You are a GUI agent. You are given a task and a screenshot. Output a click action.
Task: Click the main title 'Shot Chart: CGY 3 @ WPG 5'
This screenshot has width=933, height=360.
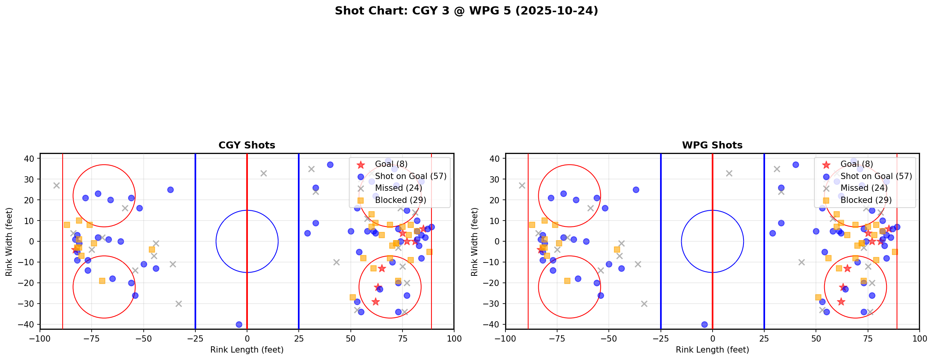[466, 11]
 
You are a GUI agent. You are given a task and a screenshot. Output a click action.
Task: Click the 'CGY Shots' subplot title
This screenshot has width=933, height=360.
[247, 145]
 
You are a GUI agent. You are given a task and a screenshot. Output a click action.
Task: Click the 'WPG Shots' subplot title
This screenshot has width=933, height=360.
[712, 145]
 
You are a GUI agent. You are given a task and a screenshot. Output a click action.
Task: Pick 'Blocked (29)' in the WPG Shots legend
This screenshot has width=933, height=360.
[866, 200]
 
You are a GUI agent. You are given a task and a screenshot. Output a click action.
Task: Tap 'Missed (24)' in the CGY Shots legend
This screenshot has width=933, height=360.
[398, 188]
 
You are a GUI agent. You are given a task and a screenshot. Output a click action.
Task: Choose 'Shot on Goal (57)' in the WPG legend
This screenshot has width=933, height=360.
[876, 176]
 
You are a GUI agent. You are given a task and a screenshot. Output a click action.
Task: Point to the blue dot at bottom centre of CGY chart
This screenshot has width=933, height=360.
[239, 324]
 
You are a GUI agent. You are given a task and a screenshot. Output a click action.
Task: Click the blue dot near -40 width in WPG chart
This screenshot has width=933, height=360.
[704, 324]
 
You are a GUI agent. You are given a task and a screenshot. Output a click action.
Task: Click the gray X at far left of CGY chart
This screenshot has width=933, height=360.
[56, 185]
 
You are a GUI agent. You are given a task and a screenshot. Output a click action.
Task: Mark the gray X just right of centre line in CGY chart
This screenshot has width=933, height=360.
[263, 173]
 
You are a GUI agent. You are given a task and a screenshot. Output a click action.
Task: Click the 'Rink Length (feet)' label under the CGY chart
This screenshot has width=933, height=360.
[247, 350]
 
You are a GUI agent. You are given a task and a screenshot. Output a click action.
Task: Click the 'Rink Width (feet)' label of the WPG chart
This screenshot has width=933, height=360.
[475, 242]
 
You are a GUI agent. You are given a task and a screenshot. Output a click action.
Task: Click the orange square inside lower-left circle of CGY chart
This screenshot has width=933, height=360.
[102, 281]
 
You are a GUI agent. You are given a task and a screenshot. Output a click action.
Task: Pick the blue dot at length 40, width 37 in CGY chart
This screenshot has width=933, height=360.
[330, 165]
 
